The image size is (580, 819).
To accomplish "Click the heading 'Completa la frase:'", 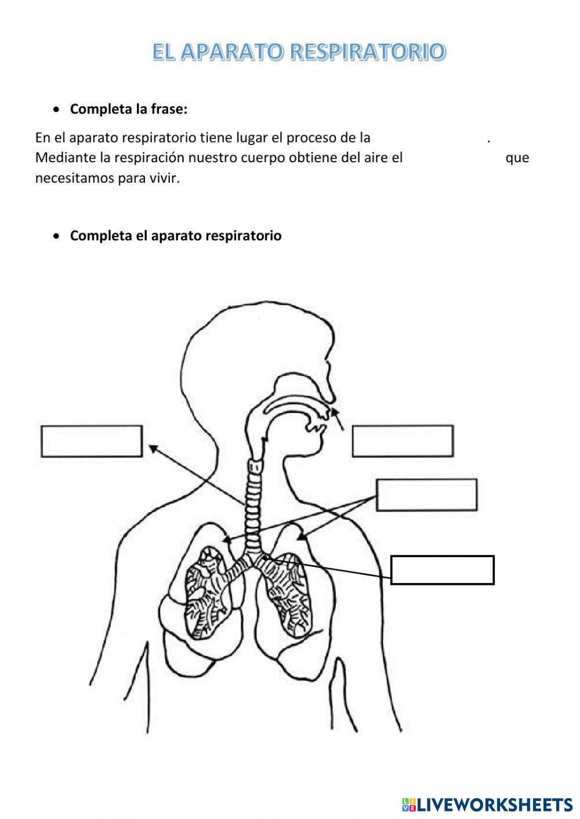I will pos(129,109).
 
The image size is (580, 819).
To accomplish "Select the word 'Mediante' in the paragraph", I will pos(60,158).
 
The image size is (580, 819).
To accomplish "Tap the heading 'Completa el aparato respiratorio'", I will pos(176,236).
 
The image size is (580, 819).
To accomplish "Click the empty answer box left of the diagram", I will pos(92,441).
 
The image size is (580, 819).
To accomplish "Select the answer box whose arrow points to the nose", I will pos(403,441).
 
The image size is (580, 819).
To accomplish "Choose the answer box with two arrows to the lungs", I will pos(427,494).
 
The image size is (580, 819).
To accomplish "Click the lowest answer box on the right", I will pos(442,570).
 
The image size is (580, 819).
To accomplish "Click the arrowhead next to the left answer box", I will pos(153,447).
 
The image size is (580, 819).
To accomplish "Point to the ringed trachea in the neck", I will pos(253,504).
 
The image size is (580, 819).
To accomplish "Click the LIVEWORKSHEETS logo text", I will pos(495,804).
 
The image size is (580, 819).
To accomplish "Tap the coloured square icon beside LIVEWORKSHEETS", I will pos(408,805).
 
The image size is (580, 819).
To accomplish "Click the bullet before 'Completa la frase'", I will pos(56,109).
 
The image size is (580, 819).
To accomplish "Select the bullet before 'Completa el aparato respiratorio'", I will pos(56,236).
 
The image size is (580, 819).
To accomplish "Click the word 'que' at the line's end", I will pos(517,158).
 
